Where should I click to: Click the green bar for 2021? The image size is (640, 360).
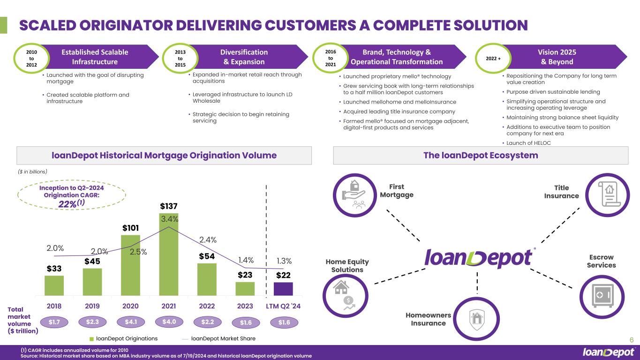[169, 254]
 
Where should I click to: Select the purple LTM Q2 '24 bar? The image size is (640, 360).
[283, 289]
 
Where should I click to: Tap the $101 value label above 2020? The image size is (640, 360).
[130, 228]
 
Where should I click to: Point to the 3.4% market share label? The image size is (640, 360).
[170, 219]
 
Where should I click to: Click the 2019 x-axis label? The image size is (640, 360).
[92, 306]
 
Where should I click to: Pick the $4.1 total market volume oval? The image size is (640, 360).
[131, 322]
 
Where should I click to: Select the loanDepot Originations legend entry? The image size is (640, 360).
[124, 338]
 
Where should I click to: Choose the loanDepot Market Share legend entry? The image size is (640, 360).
[219, 338]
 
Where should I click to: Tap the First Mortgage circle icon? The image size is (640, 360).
[355, 195]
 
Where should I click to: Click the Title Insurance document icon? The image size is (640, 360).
[608, 195]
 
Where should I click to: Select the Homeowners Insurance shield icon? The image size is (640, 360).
[476, 319]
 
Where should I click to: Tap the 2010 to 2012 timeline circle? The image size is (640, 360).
[31, 58]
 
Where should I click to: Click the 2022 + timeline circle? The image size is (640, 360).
[493, 58]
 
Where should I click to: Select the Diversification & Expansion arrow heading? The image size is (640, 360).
[244, 57]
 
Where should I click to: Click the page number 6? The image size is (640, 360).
[632, 340]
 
